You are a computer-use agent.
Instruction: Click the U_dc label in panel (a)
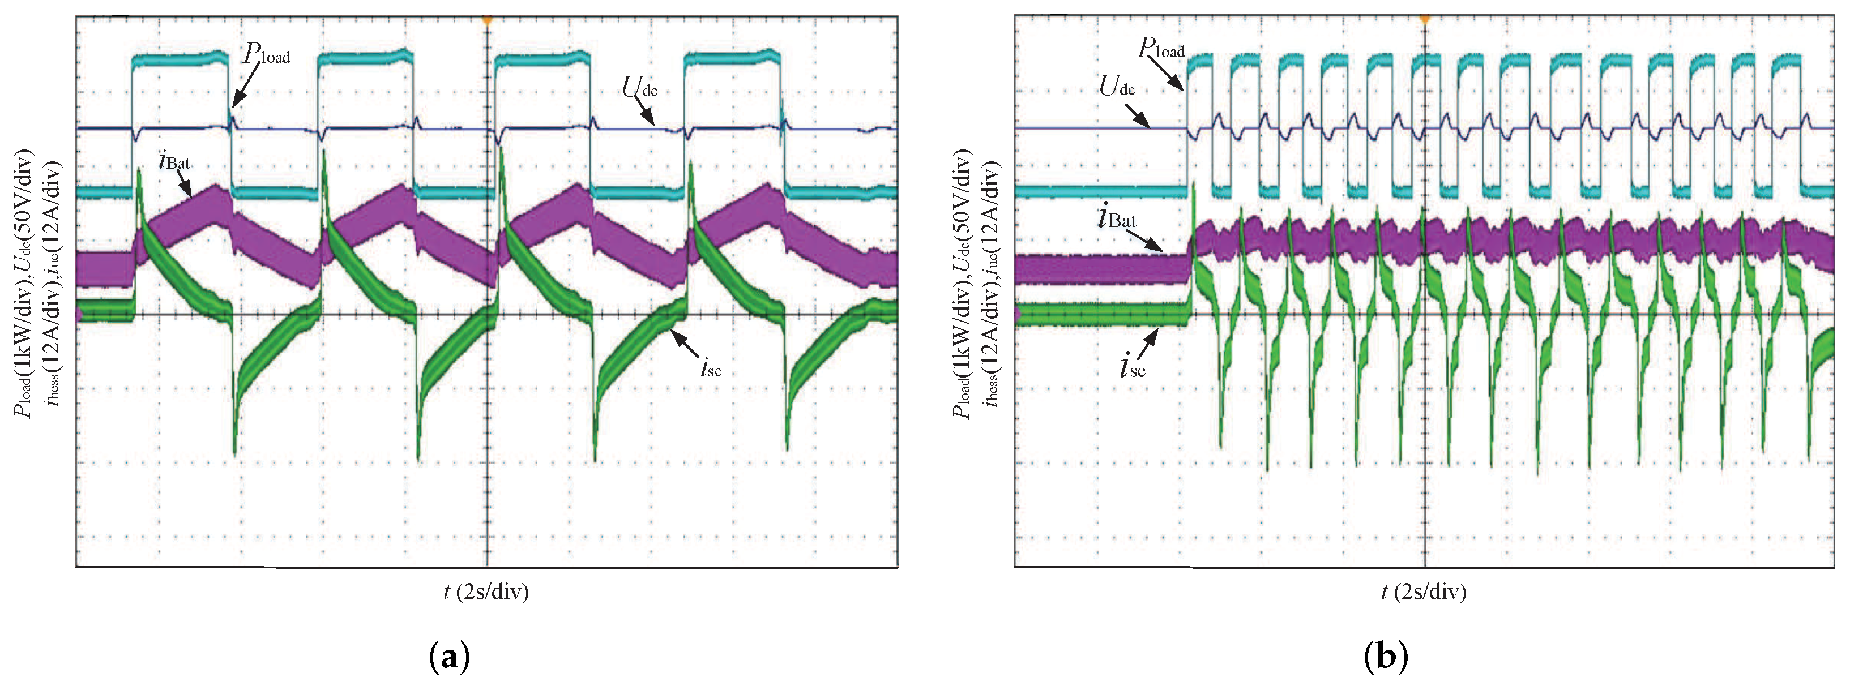639,88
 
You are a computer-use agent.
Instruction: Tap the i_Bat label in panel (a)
174,161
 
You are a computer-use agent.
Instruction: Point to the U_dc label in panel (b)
1117,87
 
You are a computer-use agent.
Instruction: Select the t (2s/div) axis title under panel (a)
486,592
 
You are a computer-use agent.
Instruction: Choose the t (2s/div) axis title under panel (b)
1424,592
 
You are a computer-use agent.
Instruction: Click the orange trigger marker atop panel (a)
487,19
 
